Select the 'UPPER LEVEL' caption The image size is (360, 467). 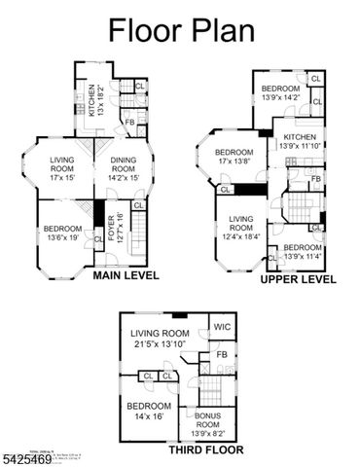coord(298,279)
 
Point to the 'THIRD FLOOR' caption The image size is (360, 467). coord(205,450)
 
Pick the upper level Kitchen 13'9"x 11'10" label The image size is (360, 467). coord(299,141)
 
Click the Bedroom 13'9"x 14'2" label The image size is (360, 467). coord(282,93)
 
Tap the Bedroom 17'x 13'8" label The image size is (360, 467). coord(234,157)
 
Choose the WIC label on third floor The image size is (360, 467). coord(223,327)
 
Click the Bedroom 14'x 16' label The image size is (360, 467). coord(148,410)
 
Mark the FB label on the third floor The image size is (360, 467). coord(222,356)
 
